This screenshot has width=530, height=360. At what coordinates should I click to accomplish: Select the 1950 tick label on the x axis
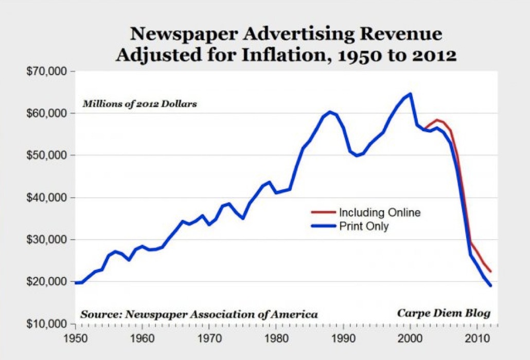(76, 338)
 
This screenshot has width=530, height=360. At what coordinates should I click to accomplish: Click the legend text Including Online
(379, 212)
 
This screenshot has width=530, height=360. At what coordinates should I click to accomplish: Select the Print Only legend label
(363, 226)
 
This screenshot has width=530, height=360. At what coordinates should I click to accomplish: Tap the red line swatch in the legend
(323, 212)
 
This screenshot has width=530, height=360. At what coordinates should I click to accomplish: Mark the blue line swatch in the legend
(323, 226)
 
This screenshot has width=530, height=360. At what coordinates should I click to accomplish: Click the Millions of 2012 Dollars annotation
(140, 104)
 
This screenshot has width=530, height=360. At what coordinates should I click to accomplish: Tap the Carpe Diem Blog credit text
(444, 313)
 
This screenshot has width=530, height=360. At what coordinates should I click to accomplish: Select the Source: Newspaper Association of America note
(199, 314)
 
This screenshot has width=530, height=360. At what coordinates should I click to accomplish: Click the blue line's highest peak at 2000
(410, 94)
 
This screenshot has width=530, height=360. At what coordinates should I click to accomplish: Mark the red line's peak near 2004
(437, 120)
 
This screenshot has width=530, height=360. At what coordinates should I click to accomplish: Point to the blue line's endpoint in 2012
(491, 285)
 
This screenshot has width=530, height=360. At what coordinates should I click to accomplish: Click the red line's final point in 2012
(491, 272)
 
